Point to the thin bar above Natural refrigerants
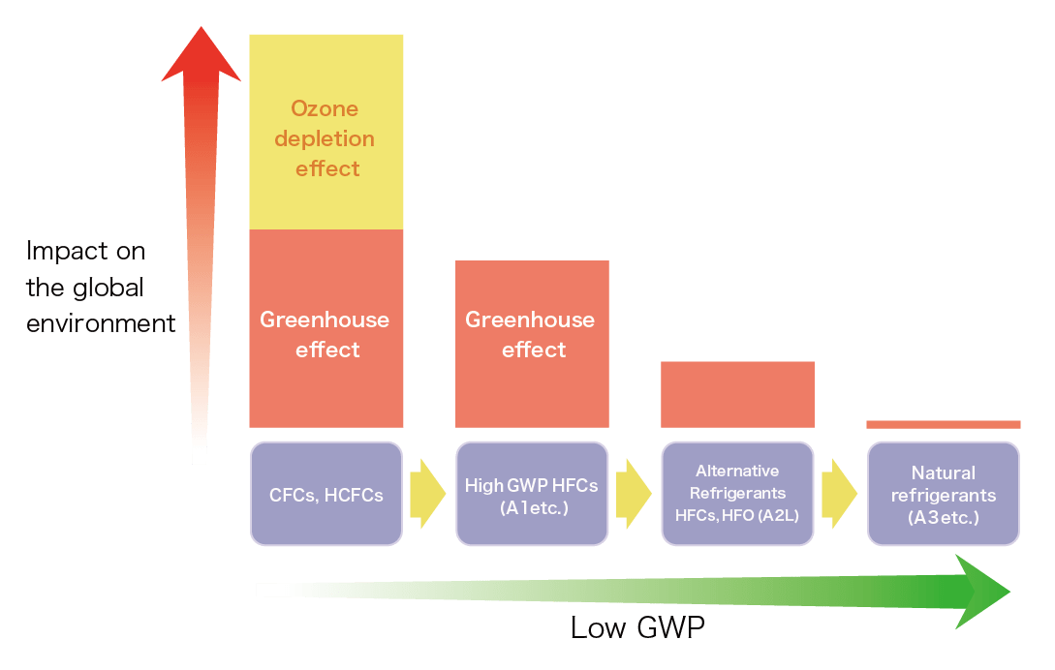[x=943, y=424]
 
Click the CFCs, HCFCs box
[x=326, y=494]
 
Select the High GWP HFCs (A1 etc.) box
[x=532, y=494]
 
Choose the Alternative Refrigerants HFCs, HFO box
[x=737, y=494]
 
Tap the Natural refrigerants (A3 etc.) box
[x=943, y=494]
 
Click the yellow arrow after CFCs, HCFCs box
[x=427, y=494]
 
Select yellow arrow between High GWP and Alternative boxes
[x=634, y=494]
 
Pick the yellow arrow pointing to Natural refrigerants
[x=839, y=494]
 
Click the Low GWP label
[x=636, y=627]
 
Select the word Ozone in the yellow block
[x=325, y=107]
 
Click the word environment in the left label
[x=101, y=323]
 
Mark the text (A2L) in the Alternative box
[x=778, y=516]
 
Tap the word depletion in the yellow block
[x=325, y=137]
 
